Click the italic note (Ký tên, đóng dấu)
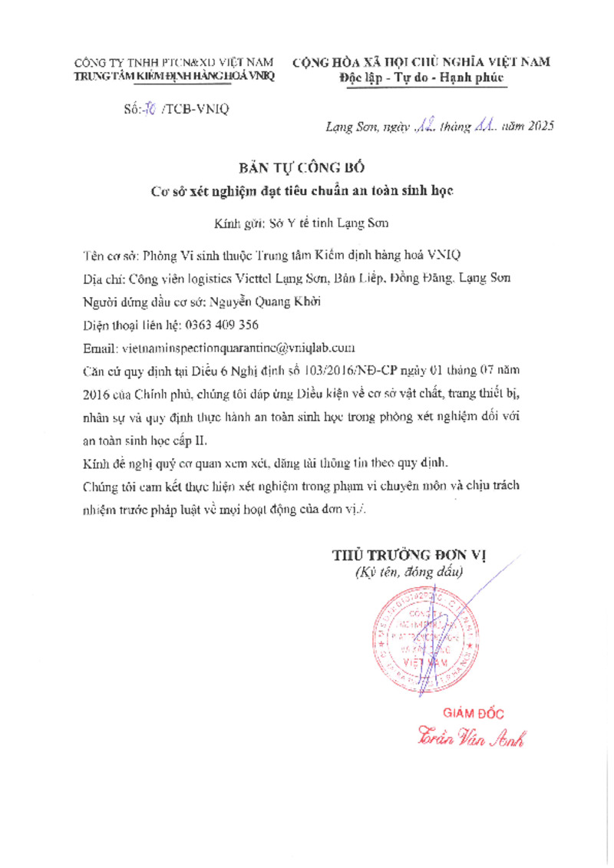(x=408, y=572)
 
